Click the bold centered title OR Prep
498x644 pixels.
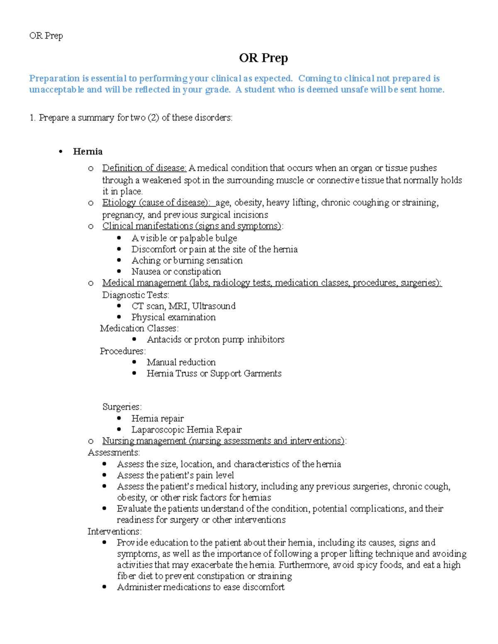pos(263,58)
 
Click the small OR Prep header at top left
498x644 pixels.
pos(46,36)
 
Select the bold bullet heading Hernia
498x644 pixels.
pos(88,152)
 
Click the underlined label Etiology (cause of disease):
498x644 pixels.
pos(158,203)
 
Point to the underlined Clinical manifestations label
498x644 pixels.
pos(192,226)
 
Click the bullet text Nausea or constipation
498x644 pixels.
pos(176,272)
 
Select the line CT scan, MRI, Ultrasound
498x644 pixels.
pos(183,306)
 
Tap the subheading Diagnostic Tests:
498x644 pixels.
pos(136,295)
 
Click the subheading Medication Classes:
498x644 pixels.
pos(139,328)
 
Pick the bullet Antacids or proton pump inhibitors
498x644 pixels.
pos(215,340)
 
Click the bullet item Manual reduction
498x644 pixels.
pos(181,362)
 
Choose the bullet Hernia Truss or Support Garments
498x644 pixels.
pos(214,374)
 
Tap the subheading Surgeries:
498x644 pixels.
pos(122,407)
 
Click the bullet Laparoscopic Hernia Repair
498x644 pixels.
pos(186,430)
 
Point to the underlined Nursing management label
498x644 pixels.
pos(224,441)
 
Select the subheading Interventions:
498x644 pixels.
pos(115,532)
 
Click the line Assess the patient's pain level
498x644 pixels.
pos(175,475)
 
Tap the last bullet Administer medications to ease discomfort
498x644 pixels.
pos(200,587)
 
